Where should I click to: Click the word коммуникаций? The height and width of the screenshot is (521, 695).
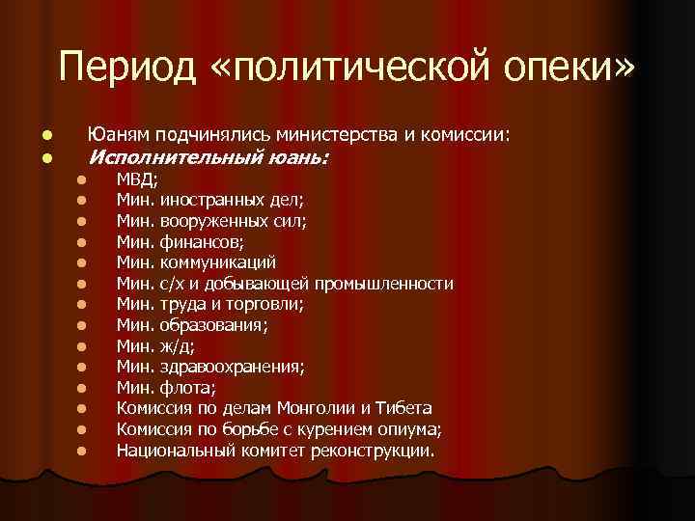(218, 262)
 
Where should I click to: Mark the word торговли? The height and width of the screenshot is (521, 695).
(265, 304)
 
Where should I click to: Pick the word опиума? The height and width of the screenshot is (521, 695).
(411, 428)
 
